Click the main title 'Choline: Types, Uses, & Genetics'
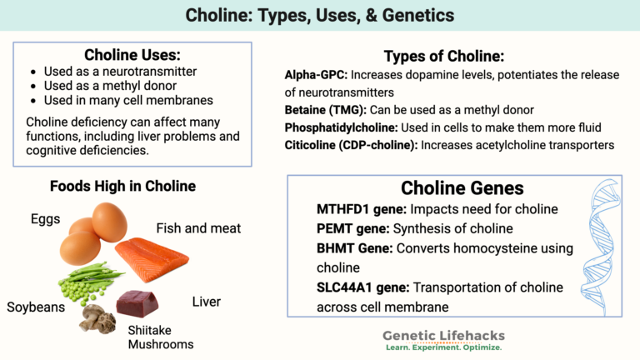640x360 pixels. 320,16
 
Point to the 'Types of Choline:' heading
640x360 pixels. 443,56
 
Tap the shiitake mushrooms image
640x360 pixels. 97,317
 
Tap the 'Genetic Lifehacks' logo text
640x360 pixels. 443,335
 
